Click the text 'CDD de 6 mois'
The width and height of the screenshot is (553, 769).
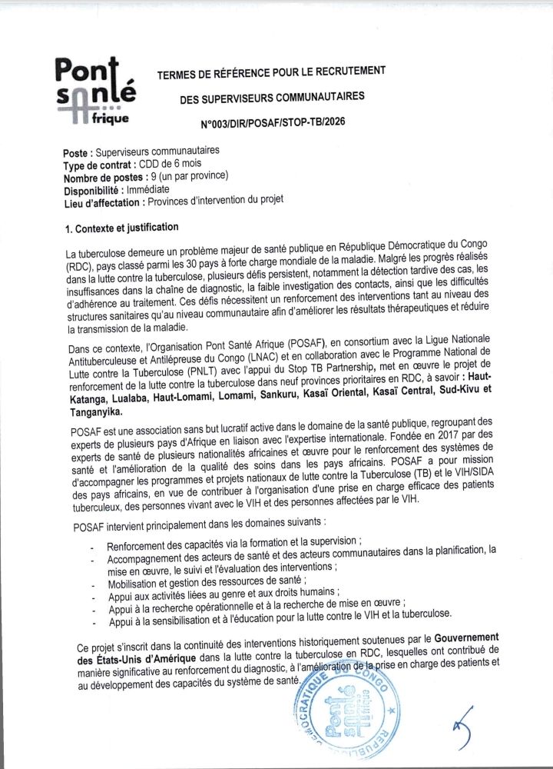167,165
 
